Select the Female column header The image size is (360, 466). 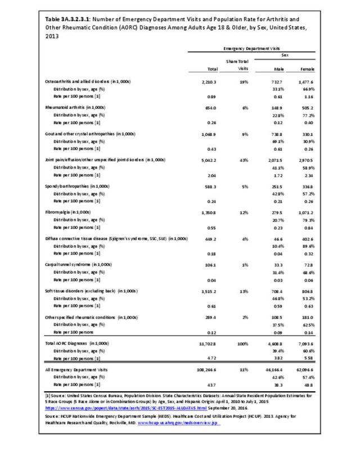[x=307, y=69]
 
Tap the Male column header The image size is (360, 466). [x=278, y=69]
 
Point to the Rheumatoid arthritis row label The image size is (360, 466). [x=75, y=107]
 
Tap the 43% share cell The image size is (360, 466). [x=242, y=160]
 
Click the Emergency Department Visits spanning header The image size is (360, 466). [x=251, y=49]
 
